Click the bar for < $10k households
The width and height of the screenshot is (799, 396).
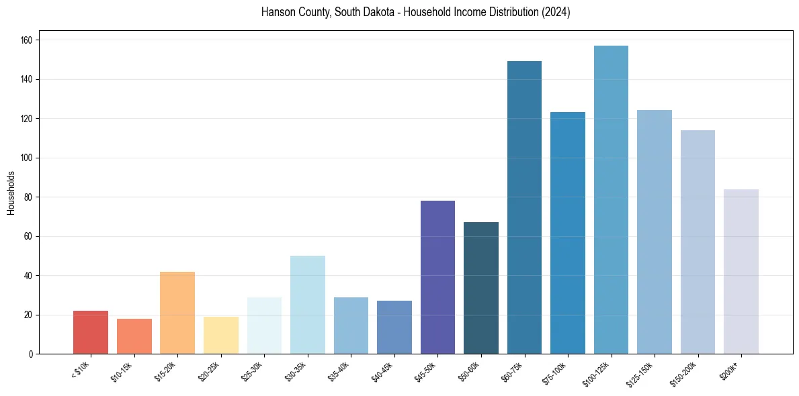coord(91,332)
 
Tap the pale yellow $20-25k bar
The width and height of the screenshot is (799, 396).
coord(220,335)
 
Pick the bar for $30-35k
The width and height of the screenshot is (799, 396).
coord(307,305)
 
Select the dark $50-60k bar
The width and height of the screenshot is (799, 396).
coord(481,288)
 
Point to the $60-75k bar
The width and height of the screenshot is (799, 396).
coord(524,207)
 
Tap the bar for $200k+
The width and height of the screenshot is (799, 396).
coord(741,271)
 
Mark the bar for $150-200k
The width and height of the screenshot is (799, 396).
coord(698,242)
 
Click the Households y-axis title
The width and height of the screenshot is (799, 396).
coord(11,193)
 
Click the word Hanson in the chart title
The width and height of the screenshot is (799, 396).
coord(277,13)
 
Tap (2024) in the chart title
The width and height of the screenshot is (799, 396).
coord(556,13)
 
